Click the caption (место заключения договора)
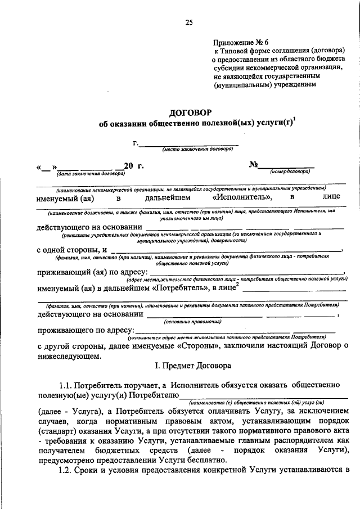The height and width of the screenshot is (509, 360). click(197, 150)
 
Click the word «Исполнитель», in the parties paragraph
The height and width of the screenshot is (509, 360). click(243, 197)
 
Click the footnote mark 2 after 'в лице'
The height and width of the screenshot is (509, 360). click(238, 285)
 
